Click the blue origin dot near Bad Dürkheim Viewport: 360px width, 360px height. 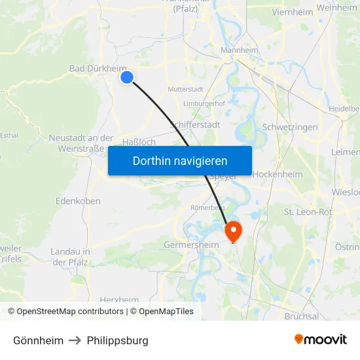(127, 77)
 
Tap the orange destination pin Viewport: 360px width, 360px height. (233, 231)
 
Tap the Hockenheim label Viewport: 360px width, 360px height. (278, 174)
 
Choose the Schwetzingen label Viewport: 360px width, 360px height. (289, 127)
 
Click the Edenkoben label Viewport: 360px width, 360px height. (78, 200)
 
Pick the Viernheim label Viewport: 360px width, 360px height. (273, 11)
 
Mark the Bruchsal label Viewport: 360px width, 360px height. (302, 316)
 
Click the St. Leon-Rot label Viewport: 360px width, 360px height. (308, 212)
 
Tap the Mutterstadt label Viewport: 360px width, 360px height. (185, 89)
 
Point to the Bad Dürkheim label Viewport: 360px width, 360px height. (98, 68)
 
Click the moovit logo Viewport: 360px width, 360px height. (321, 340)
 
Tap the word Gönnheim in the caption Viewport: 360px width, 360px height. (39, 340)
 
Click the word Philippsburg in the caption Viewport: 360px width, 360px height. (118, 340)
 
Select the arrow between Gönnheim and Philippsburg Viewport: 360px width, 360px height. (75, 340)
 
